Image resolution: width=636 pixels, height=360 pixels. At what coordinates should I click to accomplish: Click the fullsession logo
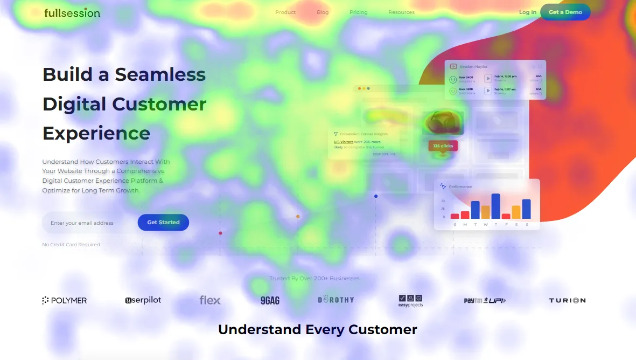pyautogui.click(x=72, y=12)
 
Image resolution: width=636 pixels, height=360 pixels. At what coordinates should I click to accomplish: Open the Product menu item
pyautogui.click(x=285, y=12)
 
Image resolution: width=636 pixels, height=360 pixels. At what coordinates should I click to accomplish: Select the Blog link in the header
pyautogui.click(x=323, y=12)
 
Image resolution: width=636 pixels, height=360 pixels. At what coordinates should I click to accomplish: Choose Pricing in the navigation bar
pyautogui.click(x=358, y=12)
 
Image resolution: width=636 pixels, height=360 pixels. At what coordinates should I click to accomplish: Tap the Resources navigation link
pyautogui.click(x=401, y=12)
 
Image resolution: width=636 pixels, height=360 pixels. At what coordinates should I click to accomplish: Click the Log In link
pyautogui.click(x=527, y=12)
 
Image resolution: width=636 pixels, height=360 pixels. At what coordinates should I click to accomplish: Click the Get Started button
pyautogui.click(x=163, y=223)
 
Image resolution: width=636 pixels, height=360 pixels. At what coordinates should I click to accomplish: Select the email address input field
pyautogui.click(x=86, y=223)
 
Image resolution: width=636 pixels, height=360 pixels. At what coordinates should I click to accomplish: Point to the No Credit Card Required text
pyautogui.click(x=71, y=245)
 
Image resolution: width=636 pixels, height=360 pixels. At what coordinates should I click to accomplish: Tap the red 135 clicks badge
pyautogui.click(x=443, y=146)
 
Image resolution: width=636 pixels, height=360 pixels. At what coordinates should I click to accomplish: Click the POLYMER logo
pyautogui.click(x=65, y=300)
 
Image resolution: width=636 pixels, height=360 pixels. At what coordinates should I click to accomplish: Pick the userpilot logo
pyautogui.click(x=143, y=300)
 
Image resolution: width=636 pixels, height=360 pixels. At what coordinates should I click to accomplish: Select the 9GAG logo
pyautogui.click(x=270, y=300)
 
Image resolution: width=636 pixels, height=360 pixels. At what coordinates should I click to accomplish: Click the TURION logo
pyautogui.click(x=567, y=300)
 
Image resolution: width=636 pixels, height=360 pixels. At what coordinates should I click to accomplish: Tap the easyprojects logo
pyautogui.click(x=410, y=301)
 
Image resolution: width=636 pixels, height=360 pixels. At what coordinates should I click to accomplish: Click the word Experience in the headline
pyautogui.click(x=96, y=133)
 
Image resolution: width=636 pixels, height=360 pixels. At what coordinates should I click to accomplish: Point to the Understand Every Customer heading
pyautogui.click(x=318, y=329)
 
